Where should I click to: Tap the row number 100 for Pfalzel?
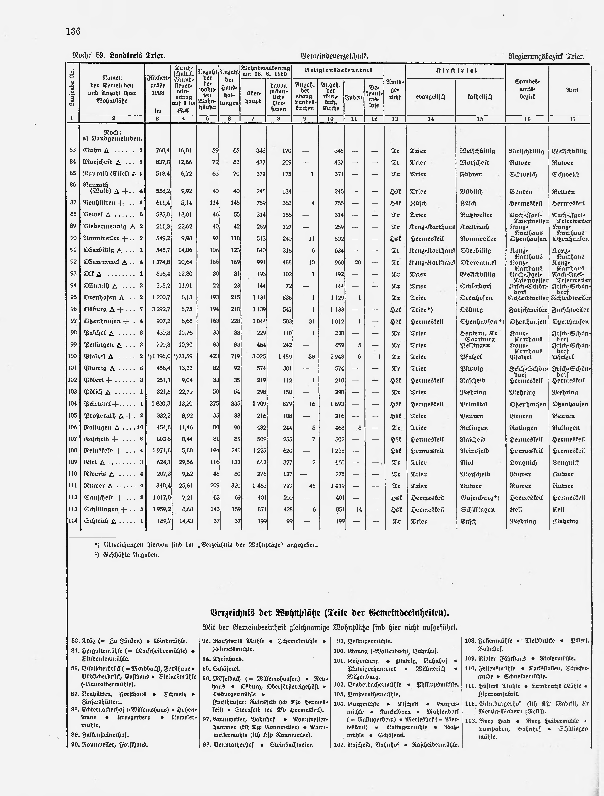[x=73, y=356]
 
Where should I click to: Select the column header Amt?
[x=572, y=90]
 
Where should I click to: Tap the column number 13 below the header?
[x=395, y=119]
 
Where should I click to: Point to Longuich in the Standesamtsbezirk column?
[x=522, y=463]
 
